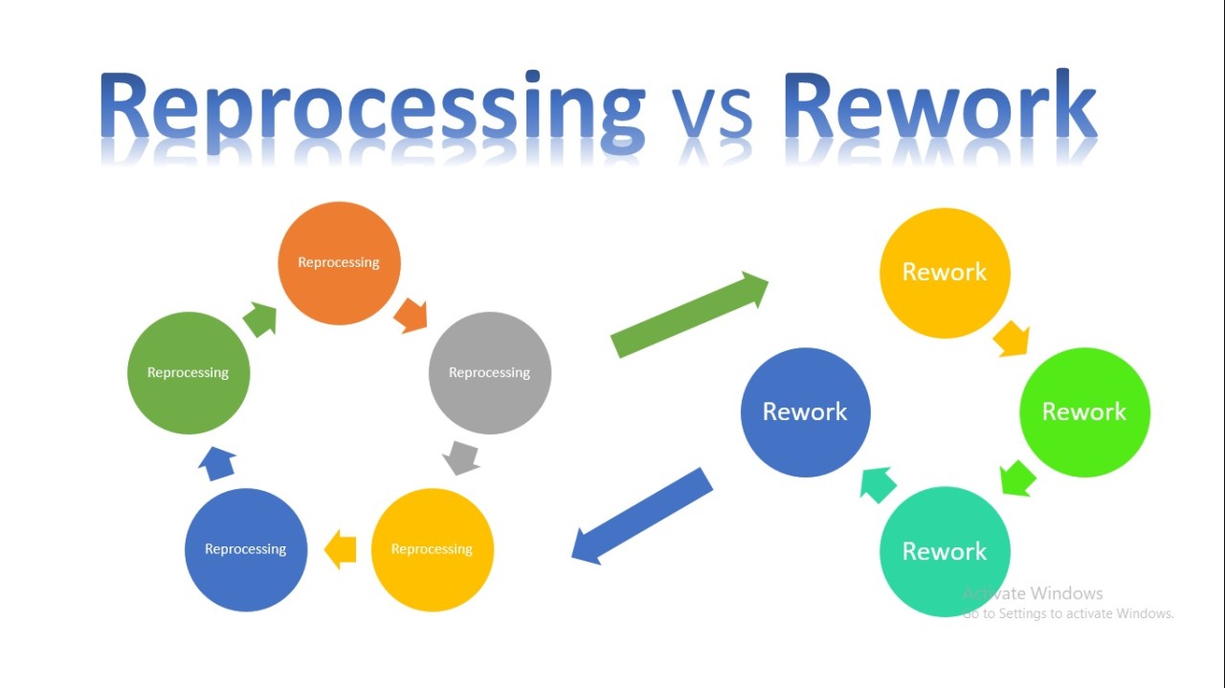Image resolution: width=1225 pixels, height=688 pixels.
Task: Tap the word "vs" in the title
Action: [x=713, y=115]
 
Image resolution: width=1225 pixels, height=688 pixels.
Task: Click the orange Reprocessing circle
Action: [x=339, y=263]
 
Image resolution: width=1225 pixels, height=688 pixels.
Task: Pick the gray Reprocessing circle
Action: [x=490, y=373]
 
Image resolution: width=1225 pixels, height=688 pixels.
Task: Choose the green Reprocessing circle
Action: [x=189, y=373]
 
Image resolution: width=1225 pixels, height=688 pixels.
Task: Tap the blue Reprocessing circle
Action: [x=246, y=549]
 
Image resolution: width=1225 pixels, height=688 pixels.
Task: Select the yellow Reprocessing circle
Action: [x=432, y=549]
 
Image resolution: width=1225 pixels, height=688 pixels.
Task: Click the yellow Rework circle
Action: [x=945, y=273]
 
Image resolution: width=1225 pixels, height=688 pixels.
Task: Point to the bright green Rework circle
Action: [x=1084, y=412]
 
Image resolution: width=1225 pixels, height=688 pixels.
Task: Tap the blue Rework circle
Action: [x=805, y=412]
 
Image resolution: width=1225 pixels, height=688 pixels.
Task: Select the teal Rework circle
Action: [x=945, y=552]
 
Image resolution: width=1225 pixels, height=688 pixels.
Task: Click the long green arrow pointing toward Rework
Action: [x=689, y=315]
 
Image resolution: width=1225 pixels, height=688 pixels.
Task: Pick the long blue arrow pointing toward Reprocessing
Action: [x=642, y=516]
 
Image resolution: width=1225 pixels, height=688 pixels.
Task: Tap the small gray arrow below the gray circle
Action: [x=461, y=457]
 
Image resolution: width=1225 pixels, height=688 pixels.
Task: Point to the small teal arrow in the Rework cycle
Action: [x=878, y=484]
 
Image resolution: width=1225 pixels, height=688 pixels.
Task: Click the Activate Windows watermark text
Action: [x=1034, y=593]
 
